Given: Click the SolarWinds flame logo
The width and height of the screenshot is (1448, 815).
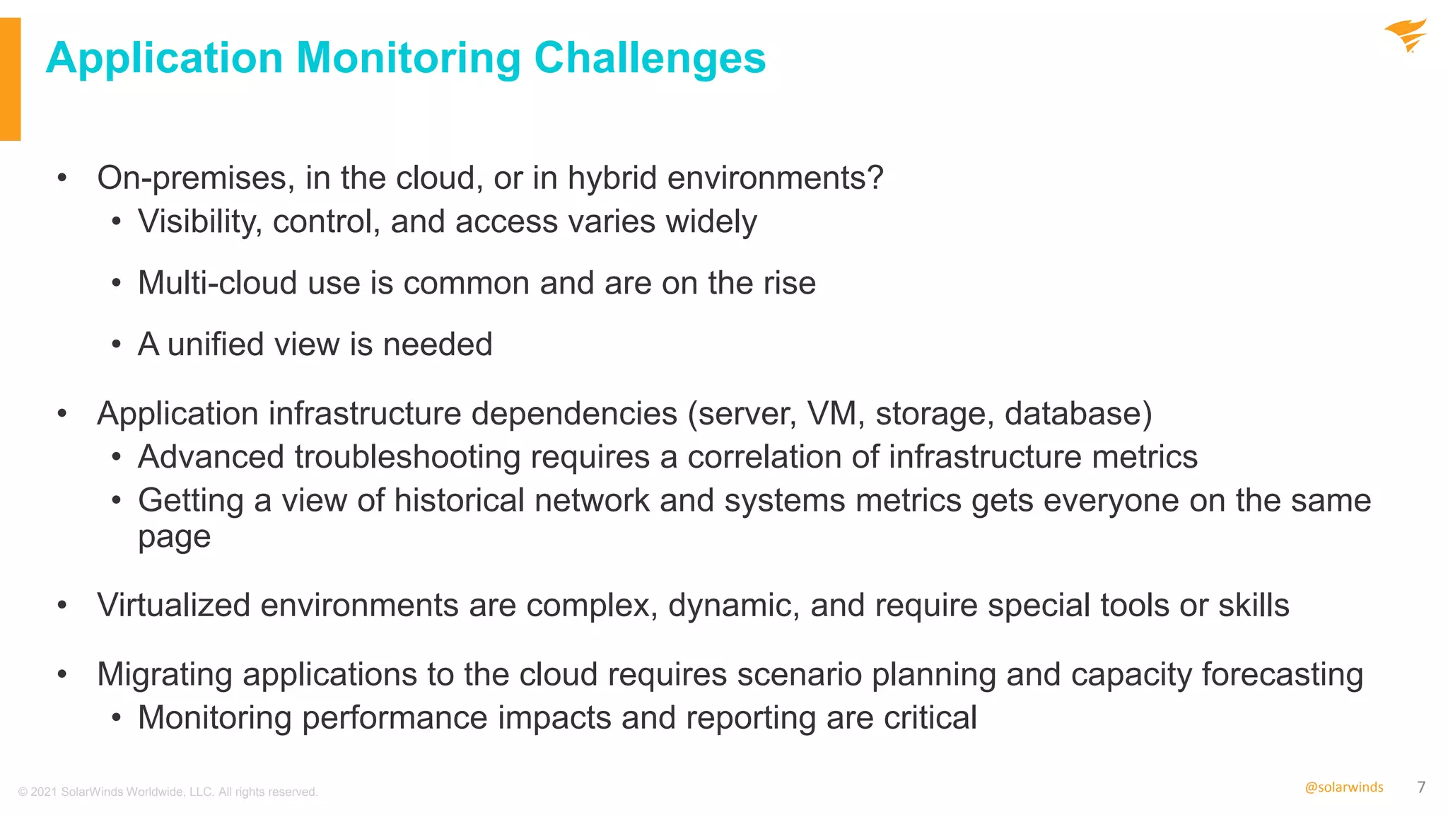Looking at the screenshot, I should [1406, 35].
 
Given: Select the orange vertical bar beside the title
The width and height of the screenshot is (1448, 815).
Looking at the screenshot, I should [10, 79].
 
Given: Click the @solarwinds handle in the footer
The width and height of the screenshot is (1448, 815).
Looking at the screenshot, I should [1343, 787].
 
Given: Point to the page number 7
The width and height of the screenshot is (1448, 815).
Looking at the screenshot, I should [1421, 787].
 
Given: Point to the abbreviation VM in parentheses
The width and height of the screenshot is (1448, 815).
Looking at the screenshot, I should [835, 413].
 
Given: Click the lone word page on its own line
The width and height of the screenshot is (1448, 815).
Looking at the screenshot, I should [174, 538].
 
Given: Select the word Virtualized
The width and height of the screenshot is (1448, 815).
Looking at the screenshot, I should [173, 606].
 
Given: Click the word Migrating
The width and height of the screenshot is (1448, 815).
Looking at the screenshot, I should [165, 674].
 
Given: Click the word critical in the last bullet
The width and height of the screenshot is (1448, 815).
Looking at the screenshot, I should [930, 718].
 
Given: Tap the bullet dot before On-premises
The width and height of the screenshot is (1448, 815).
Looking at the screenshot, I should [62, 178].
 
